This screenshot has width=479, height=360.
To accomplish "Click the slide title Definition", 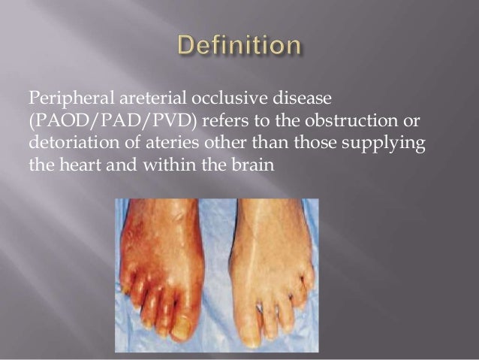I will click(x=239, y=47).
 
